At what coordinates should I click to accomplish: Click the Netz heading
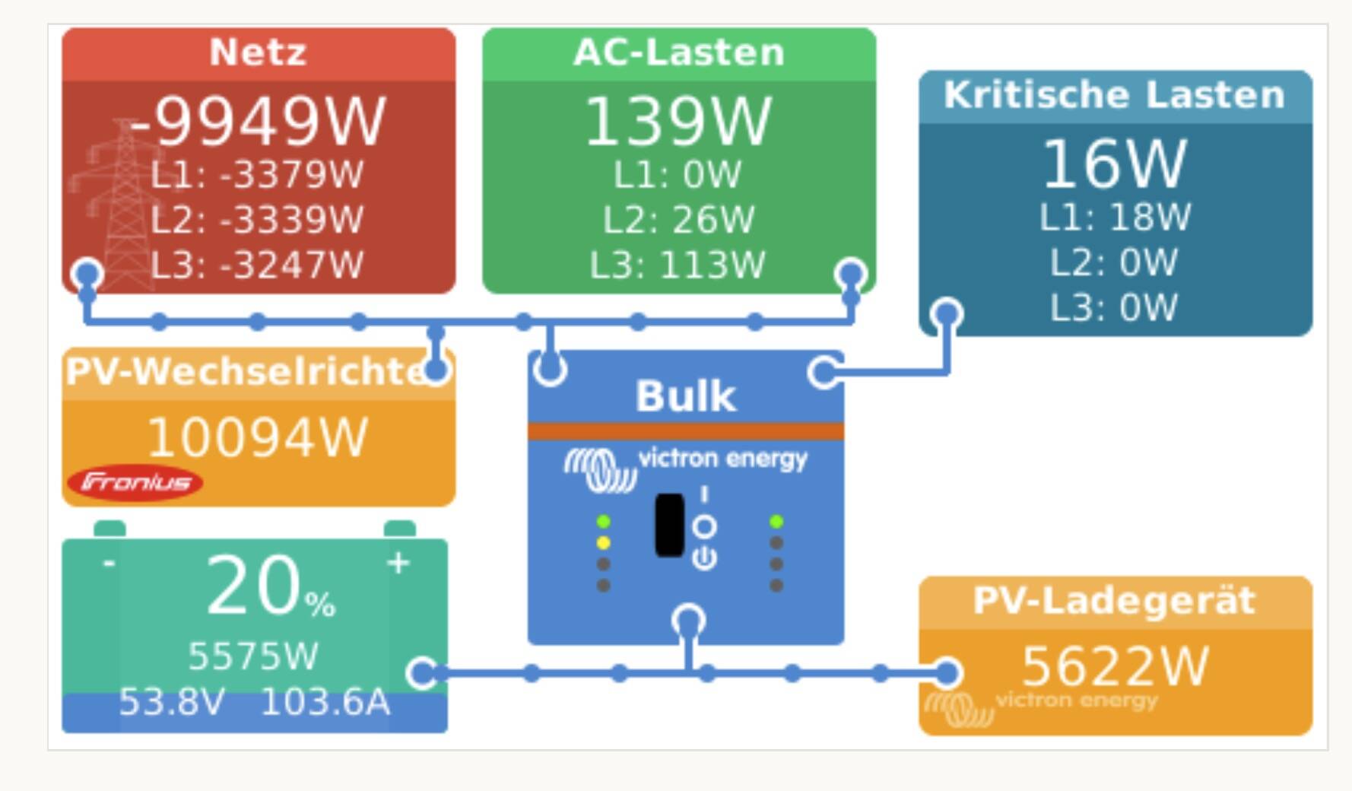[x=258, y=52]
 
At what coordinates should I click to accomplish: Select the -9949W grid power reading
[x=258, y=122]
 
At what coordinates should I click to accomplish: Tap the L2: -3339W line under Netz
[x=258, y=220]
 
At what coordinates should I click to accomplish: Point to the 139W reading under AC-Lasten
[x=678, y=122]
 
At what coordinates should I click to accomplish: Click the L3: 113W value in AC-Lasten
[x=678, y=265]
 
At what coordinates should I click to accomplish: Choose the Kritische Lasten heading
[x=1114, y=95]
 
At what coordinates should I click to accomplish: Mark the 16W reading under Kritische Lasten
[x=1114, y=164]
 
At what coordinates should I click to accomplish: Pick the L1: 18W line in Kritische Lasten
[x=1114, y=218]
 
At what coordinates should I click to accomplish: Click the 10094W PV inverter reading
[x=258, y=437]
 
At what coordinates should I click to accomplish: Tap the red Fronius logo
[x=135, y=482]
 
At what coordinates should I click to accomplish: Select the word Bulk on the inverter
[x=685, y=396]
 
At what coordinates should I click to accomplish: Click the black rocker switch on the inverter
[x=669, y=525]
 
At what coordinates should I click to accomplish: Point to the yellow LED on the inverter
[x=603, y=543]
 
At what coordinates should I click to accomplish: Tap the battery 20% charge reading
[x=270, y=587]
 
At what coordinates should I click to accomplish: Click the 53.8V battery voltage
[x=172, y=702]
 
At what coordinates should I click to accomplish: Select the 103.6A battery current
[x=325, y=702]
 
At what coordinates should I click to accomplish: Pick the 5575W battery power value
[x=253, y=656]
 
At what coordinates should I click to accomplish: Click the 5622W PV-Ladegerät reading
[x=1114, y=666]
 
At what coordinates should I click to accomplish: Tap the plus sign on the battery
[x=398, y=563]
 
